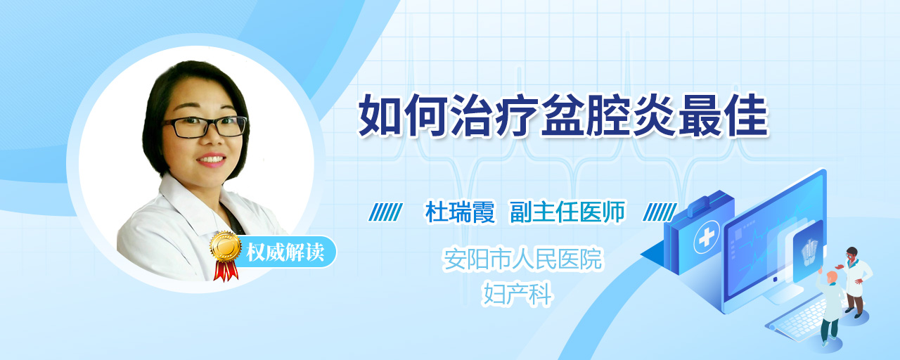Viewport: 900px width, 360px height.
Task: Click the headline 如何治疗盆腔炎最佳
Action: [x=563, y=115]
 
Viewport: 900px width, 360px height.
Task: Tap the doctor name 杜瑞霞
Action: [x=460, y=212]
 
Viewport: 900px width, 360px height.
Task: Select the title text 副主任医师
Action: [x=567, y=212]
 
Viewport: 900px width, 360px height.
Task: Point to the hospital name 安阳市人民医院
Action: [x=522, y=259]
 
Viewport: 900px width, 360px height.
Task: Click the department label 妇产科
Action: [x=518, y=294]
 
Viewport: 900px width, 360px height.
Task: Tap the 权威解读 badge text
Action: [x=285, y=252]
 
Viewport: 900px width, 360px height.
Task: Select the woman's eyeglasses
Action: [x=205, y=126]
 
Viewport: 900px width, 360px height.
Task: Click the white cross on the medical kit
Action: [x=707, y=238]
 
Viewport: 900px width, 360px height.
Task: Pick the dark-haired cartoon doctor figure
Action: [x=855, y=282]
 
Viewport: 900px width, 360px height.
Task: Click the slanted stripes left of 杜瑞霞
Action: [x=385, y=212]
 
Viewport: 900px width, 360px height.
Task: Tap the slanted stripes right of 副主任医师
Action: [x=660, y=212]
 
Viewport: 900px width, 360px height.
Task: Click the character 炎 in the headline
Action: [x=654, y=115]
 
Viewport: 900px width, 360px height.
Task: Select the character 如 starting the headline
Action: [x=380, y=115]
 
